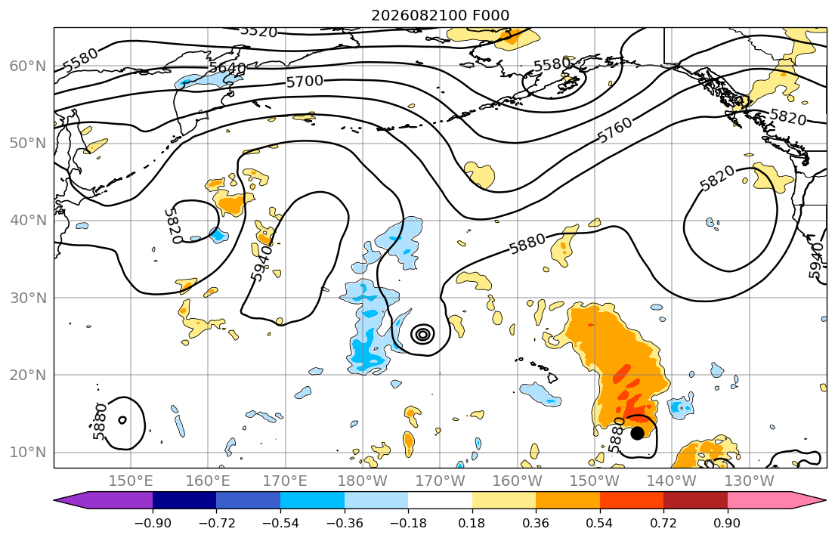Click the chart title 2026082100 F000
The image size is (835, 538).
[x=440, y=15]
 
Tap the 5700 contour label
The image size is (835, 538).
[x=305, y=81]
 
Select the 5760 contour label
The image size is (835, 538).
[x=615, y=129]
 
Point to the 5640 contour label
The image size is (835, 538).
[x=227, y=68]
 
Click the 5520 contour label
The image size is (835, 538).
[x=258, y=32]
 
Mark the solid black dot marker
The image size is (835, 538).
[x=637, y=433]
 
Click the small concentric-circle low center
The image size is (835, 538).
[x=423, y=334]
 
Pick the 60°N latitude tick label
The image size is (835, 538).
[x=28, y=66]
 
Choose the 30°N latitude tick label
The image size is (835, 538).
[x=28, y=298]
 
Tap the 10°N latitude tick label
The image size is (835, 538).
[x=28, y=453]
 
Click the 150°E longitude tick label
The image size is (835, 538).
[x=131, y=481]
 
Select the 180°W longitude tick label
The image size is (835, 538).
[x=363, y=481]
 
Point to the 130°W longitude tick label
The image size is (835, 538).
[x=750, y=481]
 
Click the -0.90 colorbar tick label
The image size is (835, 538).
[x=153, y=523]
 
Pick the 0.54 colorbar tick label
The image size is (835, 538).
[x=600, y=523]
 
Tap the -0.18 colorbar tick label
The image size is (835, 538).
[x=409, y=523]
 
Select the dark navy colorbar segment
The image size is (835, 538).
[x=184, y=500]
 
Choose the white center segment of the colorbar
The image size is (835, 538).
[x=440, y=500]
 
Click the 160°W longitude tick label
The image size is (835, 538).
[x=518, y=481]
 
